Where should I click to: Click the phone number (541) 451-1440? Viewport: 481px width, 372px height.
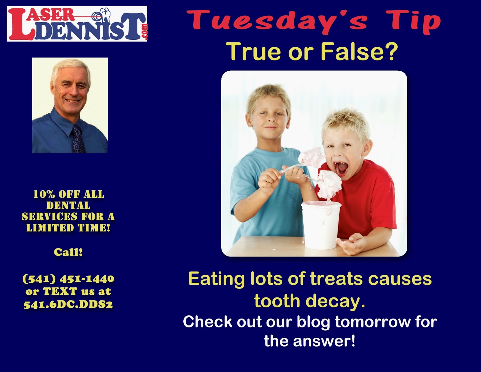click(x=69, y=278)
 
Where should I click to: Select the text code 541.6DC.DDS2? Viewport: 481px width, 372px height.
click(x=68, y=305)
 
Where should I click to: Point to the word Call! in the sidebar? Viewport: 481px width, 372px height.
click(x=68, y=252)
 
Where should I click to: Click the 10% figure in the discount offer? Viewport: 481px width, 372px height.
click(x=44, y=194)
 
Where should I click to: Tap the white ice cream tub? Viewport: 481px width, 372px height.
click(x=321, y=225)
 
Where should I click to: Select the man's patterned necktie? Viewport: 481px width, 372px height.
click(x=78, y=139)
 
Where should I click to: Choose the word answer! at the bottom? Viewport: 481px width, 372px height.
click(x=324, y=341)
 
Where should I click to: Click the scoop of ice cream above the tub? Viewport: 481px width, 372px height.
click(x=329, y=184)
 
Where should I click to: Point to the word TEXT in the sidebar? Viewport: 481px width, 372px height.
click(x=60, y=291)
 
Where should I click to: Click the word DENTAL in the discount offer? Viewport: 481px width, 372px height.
click(x=69, y=205)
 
